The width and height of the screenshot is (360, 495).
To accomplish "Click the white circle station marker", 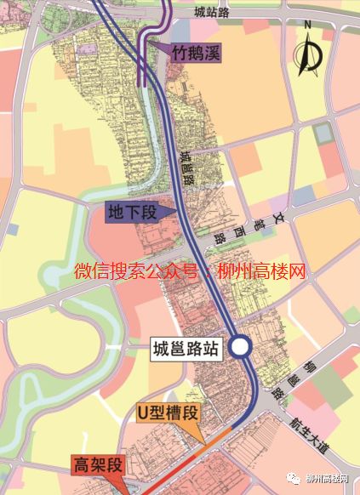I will coord(240,346).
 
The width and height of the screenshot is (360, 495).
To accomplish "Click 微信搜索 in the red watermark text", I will coord(106,273).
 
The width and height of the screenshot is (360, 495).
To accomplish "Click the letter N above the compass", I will coord(311,29).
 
